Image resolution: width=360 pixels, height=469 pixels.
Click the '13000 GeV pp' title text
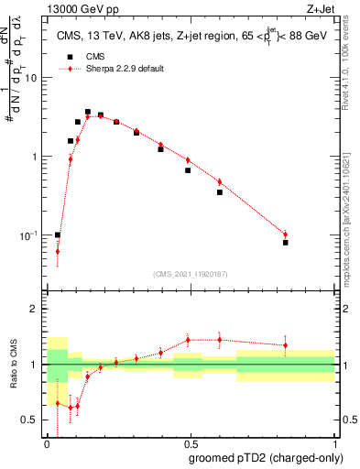point(82,8)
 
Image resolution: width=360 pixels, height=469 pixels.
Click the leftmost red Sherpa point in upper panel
point(58,251)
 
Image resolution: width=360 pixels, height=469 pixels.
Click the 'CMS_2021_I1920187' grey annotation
point(189,273)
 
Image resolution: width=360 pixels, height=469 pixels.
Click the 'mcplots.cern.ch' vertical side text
point(351,213)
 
